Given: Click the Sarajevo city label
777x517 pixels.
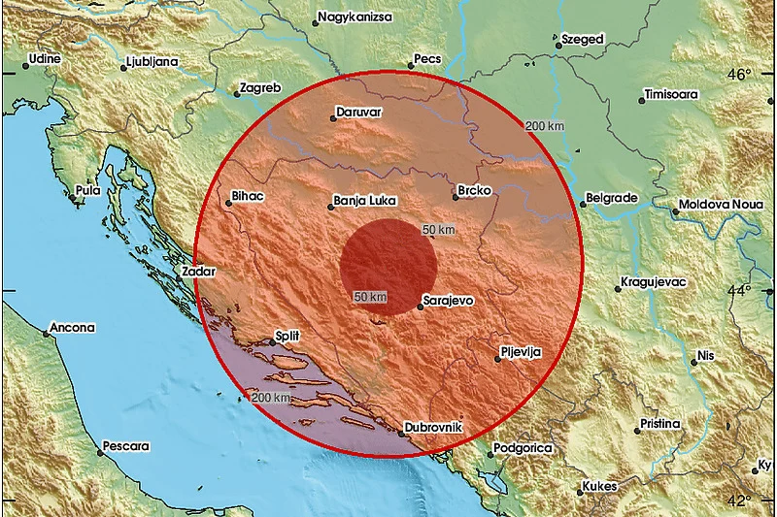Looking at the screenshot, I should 450,301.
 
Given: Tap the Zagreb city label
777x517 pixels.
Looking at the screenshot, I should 261,87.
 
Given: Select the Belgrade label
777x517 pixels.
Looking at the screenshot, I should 614,198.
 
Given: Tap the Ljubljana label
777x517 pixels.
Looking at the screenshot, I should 152,62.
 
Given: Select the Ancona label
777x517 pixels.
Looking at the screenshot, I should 72,328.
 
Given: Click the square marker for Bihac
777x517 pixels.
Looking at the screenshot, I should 228,204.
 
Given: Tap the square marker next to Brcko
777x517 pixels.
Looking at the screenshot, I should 456,197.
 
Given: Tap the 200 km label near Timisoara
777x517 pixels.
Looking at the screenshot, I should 544,127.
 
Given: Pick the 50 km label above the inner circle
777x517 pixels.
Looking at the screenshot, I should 438,230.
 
